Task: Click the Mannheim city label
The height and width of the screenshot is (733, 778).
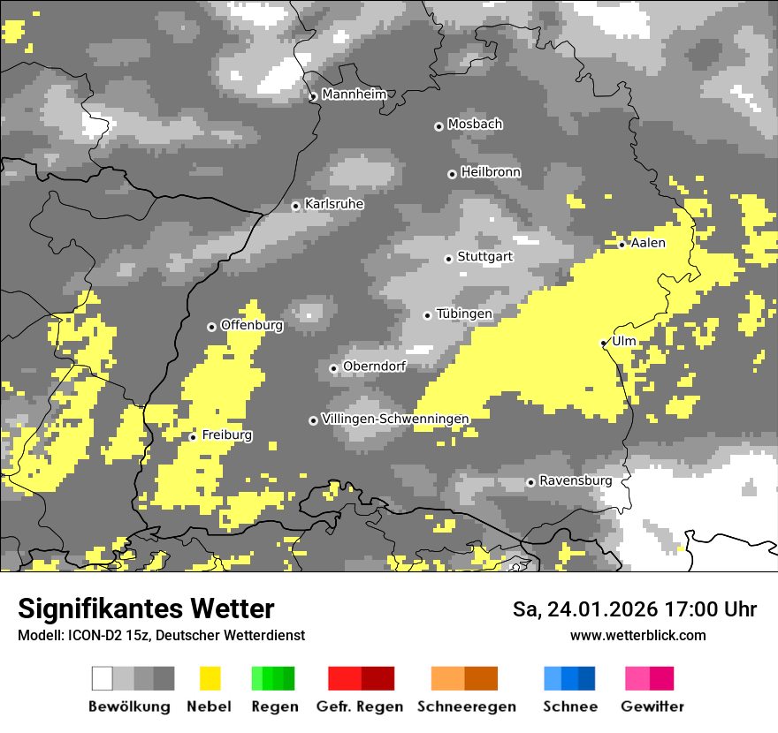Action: (354, 94)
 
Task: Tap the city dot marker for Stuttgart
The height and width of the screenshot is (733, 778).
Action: (448, 259)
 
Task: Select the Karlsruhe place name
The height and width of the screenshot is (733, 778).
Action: (334, 204)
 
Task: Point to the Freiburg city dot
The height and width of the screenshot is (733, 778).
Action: (193, 437)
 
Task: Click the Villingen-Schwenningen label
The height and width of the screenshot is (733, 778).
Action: (395, 419)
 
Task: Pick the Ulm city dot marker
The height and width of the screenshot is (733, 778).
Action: (604, 343)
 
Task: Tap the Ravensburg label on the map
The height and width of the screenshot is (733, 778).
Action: (576, 480)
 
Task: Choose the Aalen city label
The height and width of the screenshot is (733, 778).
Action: (648, 243)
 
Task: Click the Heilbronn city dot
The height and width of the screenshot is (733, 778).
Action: (452, 174)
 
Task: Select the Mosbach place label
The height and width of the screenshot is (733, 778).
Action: (475, 125)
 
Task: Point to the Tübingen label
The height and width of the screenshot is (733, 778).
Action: (464, 314)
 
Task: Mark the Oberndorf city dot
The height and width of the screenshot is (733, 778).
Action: (333, 368)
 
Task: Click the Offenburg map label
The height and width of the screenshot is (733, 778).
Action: (251, 325)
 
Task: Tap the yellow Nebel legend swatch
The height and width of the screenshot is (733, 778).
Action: (210, 678)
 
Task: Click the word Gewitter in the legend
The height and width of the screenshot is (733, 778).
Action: (652, 707)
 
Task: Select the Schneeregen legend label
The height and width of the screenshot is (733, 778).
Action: (466, 707)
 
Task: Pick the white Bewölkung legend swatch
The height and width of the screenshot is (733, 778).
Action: (103, 678)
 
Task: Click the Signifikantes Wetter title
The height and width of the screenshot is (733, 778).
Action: (146, 608)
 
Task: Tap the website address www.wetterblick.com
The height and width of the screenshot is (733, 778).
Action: (637, 635)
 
